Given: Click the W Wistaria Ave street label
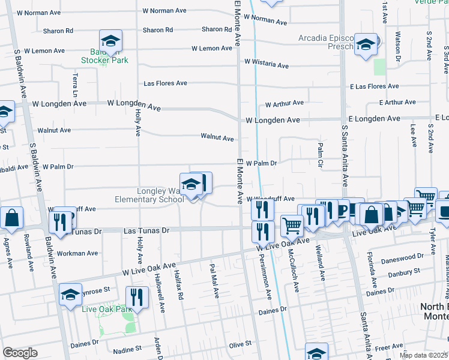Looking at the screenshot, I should tap(267, 64).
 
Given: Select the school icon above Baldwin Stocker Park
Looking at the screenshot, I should tap(110, 41).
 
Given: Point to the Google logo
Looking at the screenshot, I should tap(19, 353).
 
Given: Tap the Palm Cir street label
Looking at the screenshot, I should tap(321, 155).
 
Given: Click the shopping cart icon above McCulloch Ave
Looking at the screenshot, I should tap(292, 226).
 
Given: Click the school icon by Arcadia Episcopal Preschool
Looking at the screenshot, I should tap(365, 45).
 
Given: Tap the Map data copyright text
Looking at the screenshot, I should tap(423, 355).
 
